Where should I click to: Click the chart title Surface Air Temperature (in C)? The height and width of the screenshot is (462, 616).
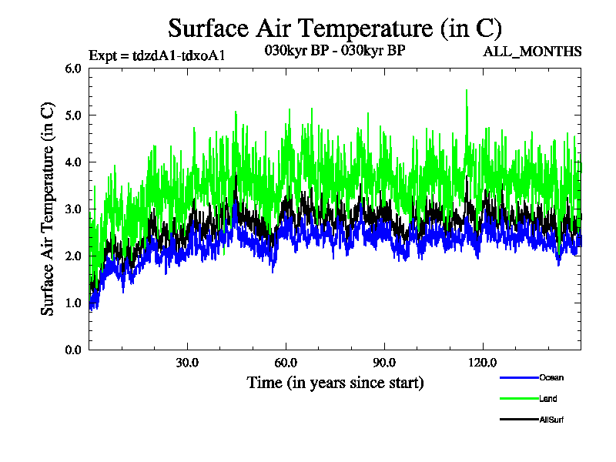tap(335, 28)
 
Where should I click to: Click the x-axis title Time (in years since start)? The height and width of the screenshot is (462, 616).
tap(335, 383)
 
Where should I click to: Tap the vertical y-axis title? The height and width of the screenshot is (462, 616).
tap(48, 209)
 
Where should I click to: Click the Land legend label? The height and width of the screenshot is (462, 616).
tap(548, 399)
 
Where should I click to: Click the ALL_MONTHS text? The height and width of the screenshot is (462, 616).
tap(532, 52)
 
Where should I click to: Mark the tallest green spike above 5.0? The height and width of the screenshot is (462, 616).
tap(467, 92)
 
